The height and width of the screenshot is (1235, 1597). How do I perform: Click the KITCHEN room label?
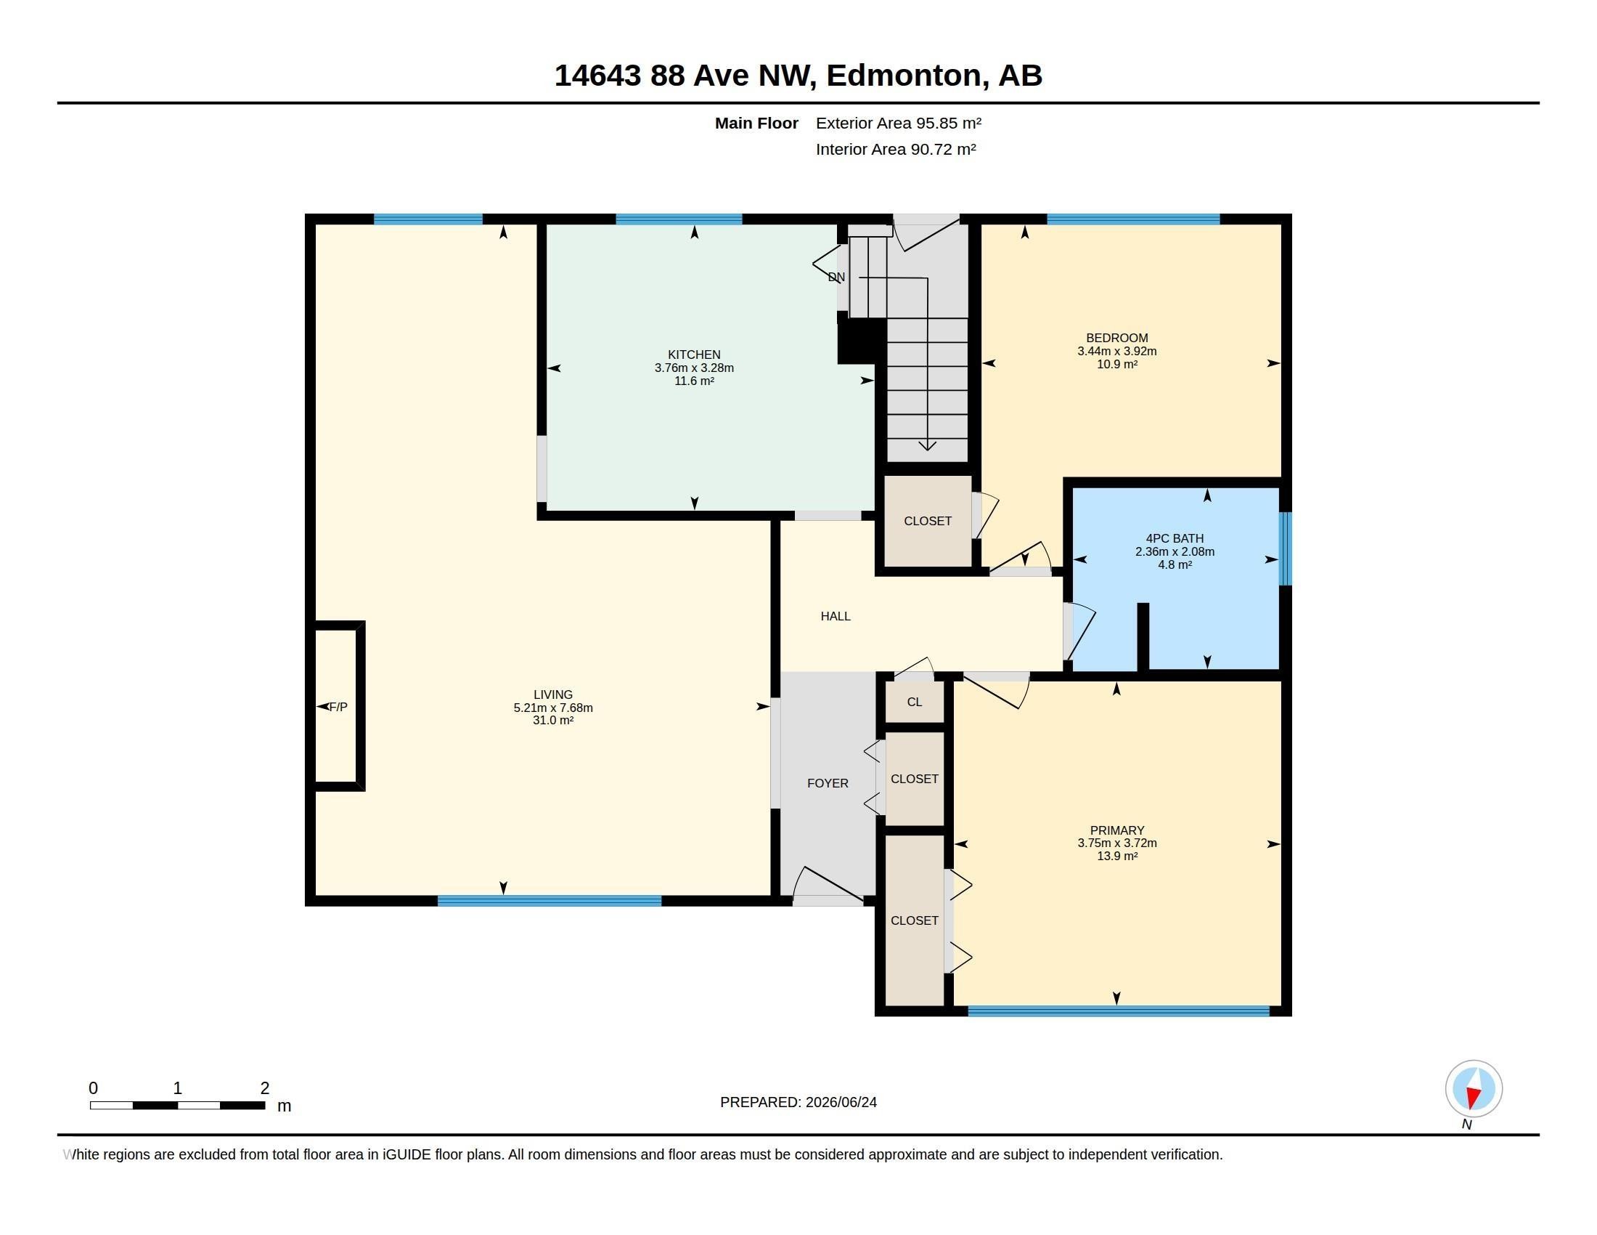694,355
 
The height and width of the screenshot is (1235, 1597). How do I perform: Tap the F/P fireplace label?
338,707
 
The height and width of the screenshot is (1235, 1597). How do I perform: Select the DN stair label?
836,278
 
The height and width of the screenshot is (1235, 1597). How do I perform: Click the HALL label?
835,616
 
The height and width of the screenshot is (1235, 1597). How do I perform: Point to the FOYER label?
828,783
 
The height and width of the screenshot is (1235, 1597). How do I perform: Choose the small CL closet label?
914,702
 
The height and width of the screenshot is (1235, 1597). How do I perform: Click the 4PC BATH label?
1175,538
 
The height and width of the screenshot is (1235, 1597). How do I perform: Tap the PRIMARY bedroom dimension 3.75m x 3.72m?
1116,843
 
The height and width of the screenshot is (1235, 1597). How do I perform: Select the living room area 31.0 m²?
553,721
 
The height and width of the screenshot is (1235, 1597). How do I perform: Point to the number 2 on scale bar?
265,1088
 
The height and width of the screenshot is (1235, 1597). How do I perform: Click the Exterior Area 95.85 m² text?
899,123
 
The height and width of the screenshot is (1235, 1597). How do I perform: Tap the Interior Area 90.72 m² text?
896,149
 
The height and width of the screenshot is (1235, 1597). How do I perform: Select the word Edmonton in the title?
904,76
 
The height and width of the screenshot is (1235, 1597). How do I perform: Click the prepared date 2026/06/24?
841,1102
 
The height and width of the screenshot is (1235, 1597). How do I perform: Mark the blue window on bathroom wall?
1285,548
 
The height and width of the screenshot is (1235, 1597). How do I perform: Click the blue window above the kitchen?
679,219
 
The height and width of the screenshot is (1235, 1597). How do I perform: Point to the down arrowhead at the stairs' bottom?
927,445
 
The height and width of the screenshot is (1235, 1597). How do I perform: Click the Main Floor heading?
756,123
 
